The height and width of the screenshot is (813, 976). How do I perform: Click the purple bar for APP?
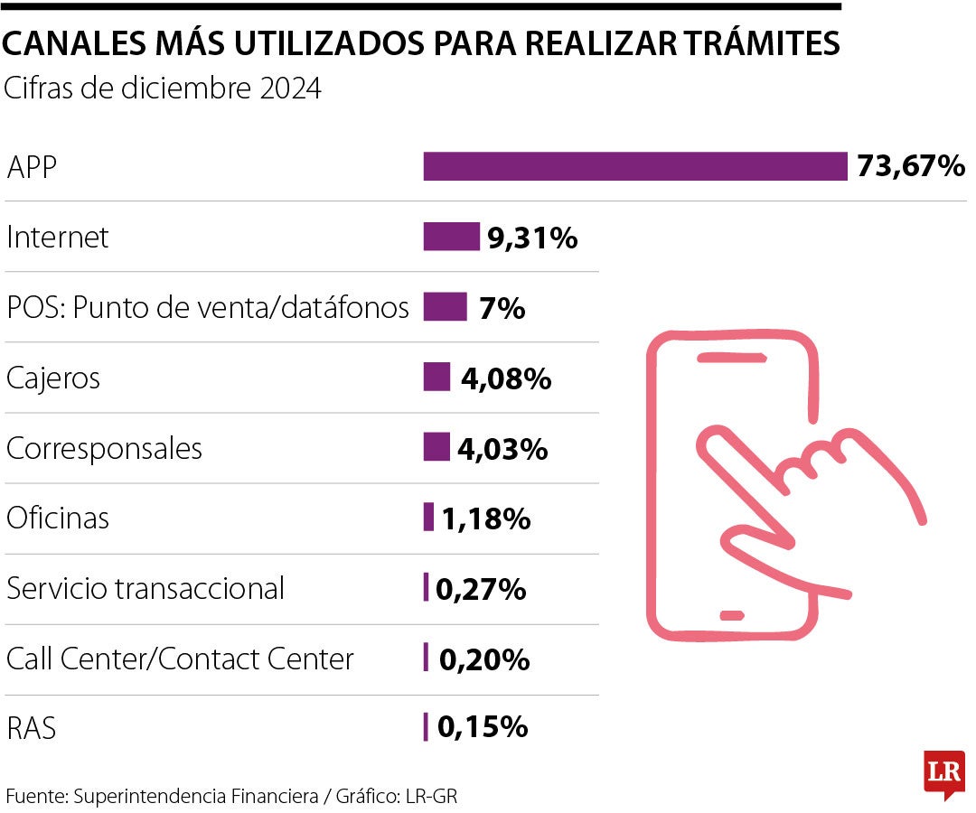(634, 167)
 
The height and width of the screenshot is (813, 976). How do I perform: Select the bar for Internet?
(451, 237)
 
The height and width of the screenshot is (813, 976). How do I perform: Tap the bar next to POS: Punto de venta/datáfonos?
(445, 307)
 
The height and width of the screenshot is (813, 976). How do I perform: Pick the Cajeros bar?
(436, 377)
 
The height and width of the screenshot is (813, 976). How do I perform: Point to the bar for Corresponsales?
(436, 447)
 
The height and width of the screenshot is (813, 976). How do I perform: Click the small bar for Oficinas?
(428, 518)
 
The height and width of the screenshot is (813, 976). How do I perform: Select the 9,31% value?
(532, 238)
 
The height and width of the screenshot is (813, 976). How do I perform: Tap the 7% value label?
(503, 309)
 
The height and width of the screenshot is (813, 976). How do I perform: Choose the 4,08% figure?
(506, 378)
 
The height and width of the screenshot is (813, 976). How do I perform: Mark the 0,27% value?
(481, 589)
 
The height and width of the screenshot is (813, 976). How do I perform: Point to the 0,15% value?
(483, 727)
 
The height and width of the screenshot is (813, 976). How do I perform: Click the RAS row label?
(32, 728)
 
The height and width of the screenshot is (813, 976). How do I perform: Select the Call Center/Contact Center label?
(180, 659)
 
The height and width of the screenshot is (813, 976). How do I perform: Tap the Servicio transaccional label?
(145, 588)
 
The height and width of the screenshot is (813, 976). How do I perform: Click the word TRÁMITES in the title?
(750, 44)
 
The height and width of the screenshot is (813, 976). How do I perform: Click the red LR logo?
(944, 773)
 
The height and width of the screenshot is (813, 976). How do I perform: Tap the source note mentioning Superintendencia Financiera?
(238, 797)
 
